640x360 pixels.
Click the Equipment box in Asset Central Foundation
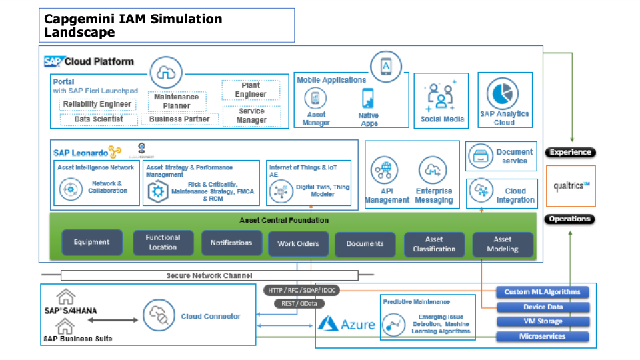(92, 243)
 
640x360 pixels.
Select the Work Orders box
(298, 243)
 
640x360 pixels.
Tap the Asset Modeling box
(503, 244)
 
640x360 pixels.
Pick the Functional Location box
(163, 242)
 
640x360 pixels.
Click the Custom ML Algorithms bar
(543, 291)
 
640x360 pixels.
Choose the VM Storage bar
(543, 321)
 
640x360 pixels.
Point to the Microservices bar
(543, 336)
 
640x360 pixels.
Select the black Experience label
(569, 153)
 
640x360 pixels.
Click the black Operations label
(569, 219)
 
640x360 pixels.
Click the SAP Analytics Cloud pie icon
(505, 95)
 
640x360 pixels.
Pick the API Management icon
(385, 171)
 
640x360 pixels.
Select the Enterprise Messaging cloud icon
(432, 170)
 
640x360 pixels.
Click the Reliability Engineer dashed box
(97, 104)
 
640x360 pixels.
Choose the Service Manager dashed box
(251, 116)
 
